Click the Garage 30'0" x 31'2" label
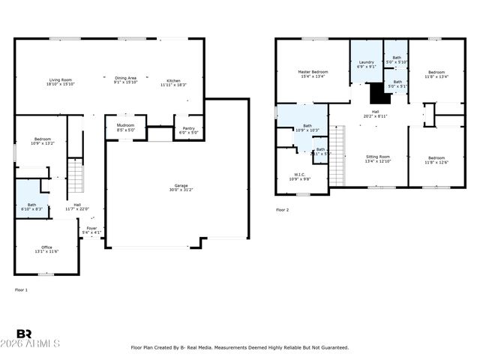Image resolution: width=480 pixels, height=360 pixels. [x=181, y=187]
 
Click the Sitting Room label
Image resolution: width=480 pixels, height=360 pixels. [x=377, y=159]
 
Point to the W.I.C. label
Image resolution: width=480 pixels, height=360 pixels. [x=298, y=176]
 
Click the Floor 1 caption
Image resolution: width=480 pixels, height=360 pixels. [x=21, y=289]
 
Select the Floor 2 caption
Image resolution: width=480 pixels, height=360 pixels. [x=282, y=210]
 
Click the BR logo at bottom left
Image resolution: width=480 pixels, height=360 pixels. [x=24, y=334]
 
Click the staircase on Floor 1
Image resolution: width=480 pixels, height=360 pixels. [x=75, y=176]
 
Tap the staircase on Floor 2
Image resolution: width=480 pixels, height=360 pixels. [x=337, y=156]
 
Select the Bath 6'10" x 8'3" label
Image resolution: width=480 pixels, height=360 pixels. [x=31, y=207]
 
